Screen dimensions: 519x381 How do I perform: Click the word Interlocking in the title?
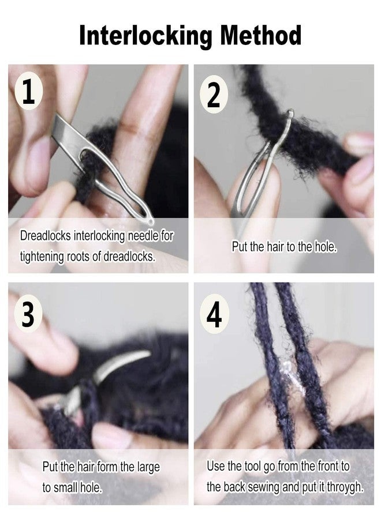145,36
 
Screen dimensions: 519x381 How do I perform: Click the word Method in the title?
260,36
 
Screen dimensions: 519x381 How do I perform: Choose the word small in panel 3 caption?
69,487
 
